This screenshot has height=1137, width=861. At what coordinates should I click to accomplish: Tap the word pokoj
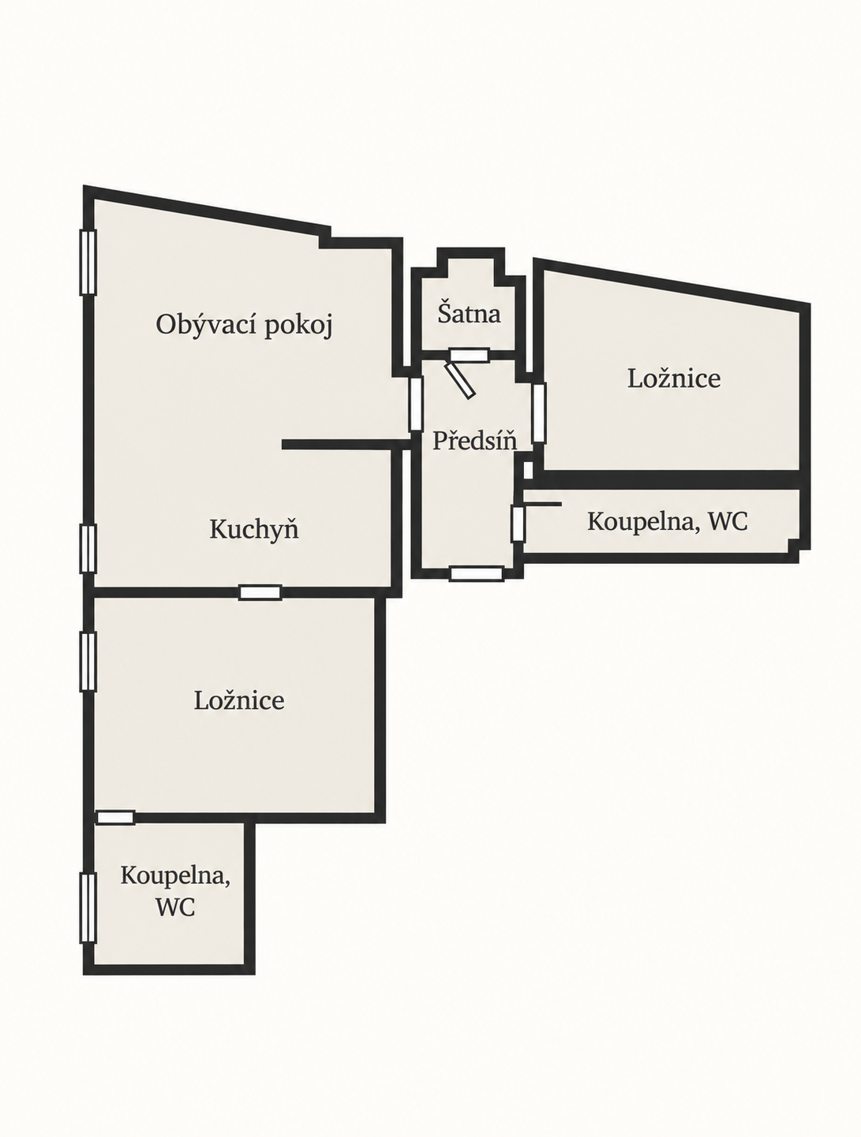(298, 326)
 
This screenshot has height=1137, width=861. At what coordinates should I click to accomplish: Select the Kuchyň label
(254, 529)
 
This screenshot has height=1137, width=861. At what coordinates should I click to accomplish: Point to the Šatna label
(469, 313)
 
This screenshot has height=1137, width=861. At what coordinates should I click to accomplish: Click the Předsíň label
(475, 440)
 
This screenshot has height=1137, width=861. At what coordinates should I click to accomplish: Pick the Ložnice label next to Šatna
(674, 378)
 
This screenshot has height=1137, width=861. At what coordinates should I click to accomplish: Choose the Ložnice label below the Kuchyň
(239, 700)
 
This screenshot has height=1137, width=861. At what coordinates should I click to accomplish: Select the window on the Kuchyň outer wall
(88, 549)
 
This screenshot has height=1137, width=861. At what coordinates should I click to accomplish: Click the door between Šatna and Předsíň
(469, 355)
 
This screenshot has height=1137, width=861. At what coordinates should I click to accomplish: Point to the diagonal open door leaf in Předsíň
(460, 380)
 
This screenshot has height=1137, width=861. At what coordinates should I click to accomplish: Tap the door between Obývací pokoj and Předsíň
(415, 404)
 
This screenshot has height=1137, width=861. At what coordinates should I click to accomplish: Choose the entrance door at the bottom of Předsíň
(477, 573)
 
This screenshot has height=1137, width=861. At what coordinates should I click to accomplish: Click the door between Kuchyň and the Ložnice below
(260, 592)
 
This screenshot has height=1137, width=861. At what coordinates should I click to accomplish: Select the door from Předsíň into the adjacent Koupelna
(518, 524)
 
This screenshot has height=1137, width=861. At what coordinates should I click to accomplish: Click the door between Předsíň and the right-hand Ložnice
(539, 413)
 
